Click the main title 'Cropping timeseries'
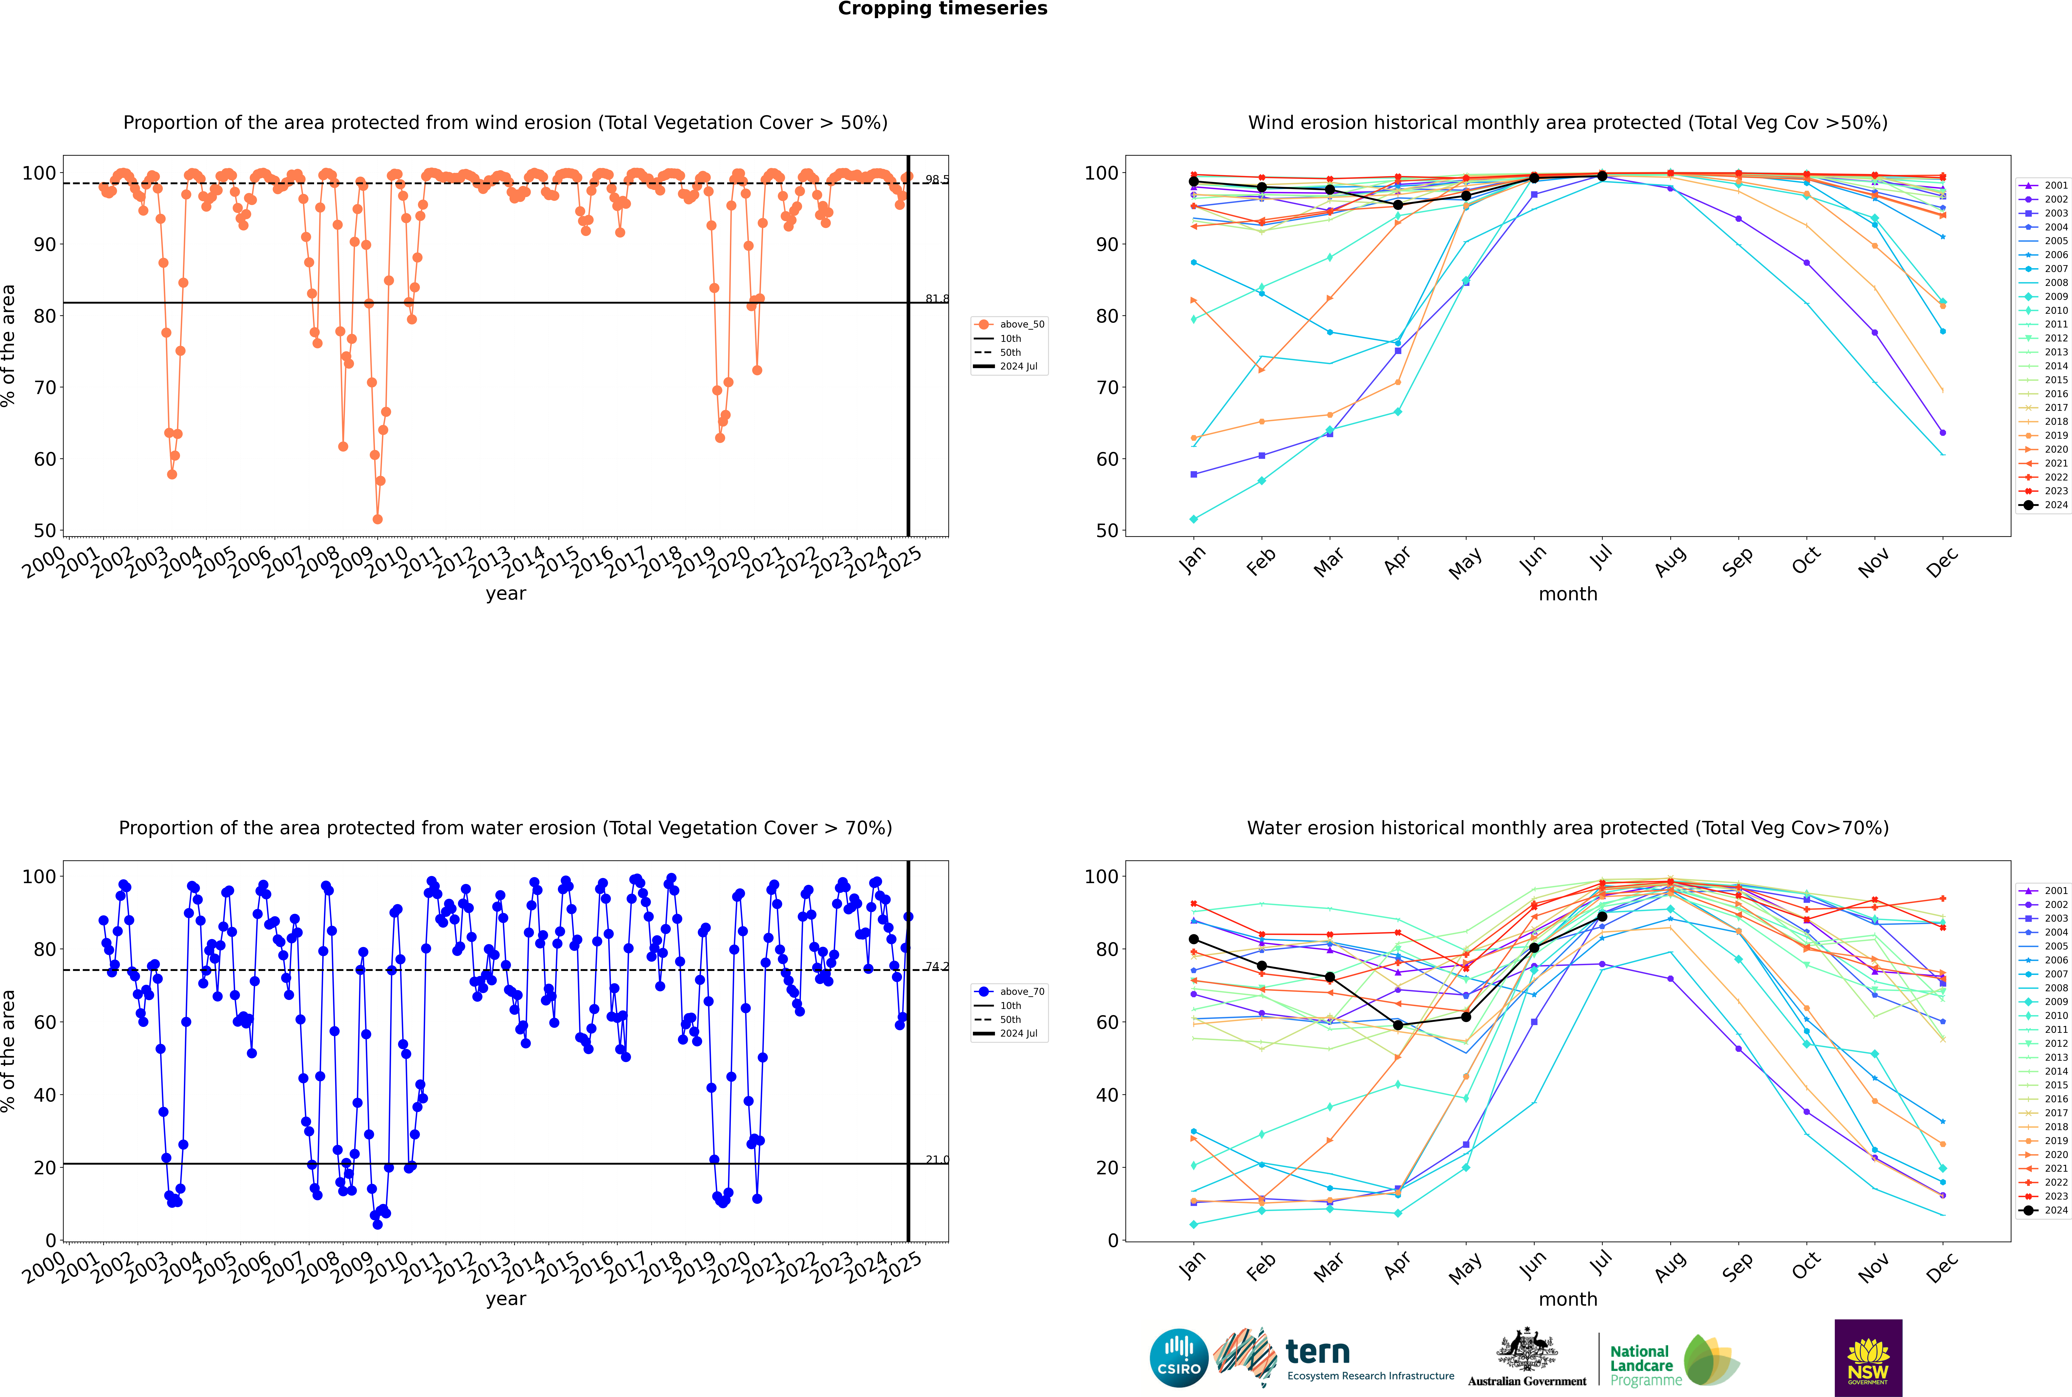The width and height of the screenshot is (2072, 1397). tap(942, 9)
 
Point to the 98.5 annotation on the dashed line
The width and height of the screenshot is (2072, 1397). tap(936, 179)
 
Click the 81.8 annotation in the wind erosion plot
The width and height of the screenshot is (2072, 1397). tap(936, 299)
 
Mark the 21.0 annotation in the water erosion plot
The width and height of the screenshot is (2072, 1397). tap(936, 1159)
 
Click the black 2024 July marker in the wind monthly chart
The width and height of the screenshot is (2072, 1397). tap(1602, 176)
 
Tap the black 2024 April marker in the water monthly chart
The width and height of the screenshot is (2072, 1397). tap(1398, 1026)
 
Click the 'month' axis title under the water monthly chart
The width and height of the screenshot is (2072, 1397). tap(1568, 1299)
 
